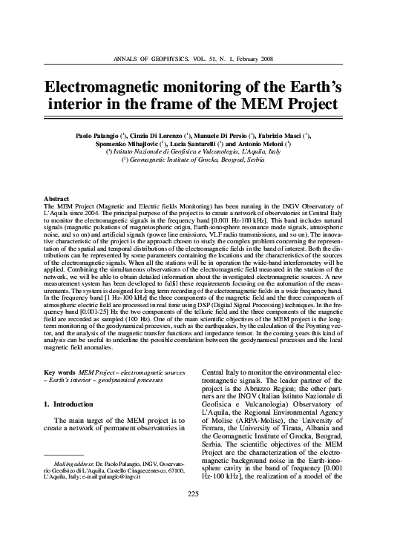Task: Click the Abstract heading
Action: [57, 200]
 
